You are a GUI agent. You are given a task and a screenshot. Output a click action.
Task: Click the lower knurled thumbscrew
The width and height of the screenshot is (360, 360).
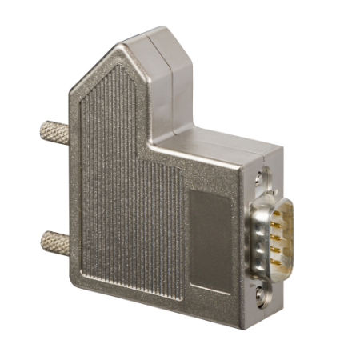point(54,239)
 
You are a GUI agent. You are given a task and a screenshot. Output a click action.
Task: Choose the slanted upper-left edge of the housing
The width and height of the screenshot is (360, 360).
point(92,70)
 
